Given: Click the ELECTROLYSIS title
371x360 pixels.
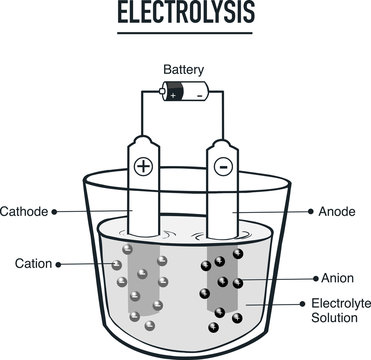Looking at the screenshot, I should (x=185, y=14).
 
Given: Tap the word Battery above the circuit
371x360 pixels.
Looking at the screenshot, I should (x=185, y=70).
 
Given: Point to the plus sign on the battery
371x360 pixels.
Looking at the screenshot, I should (x=173, y=94).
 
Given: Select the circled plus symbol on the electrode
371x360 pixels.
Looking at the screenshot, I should (x=143, y=165).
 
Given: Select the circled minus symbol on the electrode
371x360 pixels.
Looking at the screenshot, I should (x=224, y=165).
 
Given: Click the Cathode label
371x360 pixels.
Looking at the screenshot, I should (x=24, y=212).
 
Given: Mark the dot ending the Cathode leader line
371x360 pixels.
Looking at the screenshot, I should (x=55, y=212).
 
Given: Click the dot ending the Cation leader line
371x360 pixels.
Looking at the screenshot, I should (x=59, y=264).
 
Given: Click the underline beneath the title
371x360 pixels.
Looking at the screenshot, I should (x=185, y=33).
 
